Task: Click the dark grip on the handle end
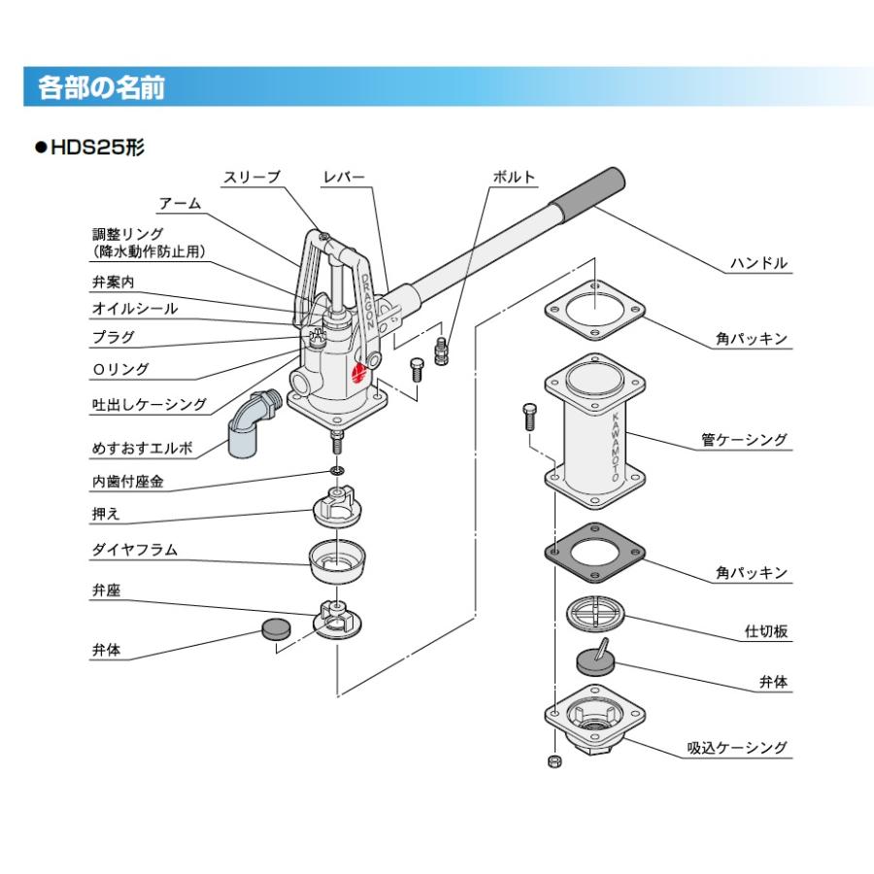click(x=589, y=191)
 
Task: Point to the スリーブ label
click(x=252, y=177)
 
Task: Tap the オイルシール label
click(x=134, y=309)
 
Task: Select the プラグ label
click(x=113, y=337)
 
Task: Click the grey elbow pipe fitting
click(x=250, y=423)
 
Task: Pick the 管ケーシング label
click(x=745, y=440)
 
